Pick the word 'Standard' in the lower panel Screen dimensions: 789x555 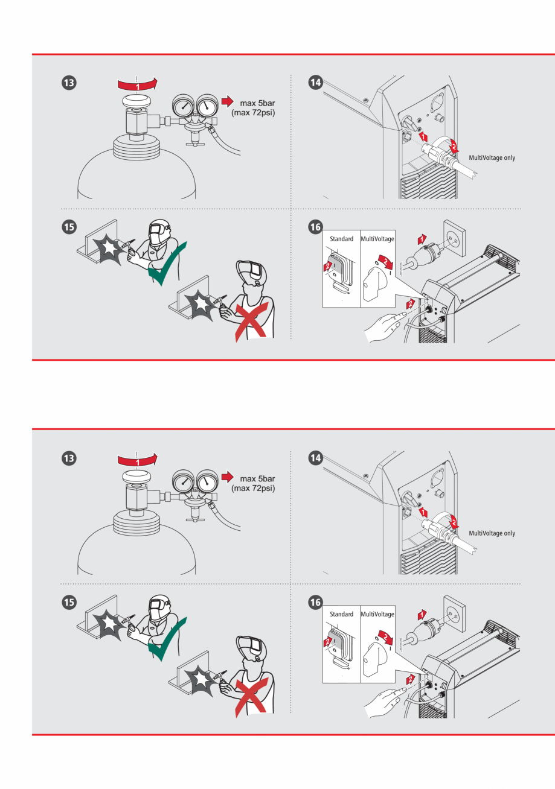pos(341,614)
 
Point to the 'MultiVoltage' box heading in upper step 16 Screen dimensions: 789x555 pos(377,238)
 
